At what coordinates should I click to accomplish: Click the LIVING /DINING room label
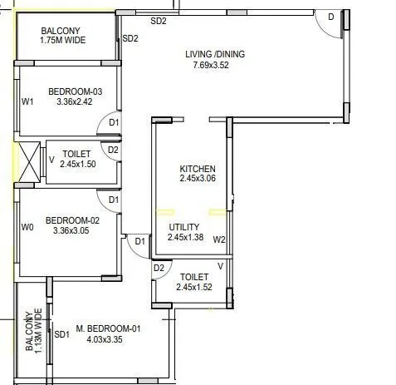214,55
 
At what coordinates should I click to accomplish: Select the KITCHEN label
197,168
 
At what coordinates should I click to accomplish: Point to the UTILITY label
184,227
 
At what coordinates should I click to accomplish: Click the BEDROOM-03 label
76,91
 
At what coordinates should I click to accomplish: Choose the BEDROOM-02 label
72,220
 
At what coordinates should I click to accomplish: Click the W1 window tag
27,102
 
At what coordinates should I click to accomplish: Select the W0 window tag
27,226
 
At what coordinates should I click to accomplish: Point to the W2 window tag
219,239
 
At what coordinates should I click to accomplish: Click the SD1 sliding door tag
61,334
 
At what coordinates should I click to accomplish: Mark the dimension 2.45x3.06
197,178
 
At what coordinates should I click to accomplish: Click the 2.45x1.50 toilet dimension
79,165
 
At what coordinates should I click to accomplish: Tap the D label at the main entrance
330,17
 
